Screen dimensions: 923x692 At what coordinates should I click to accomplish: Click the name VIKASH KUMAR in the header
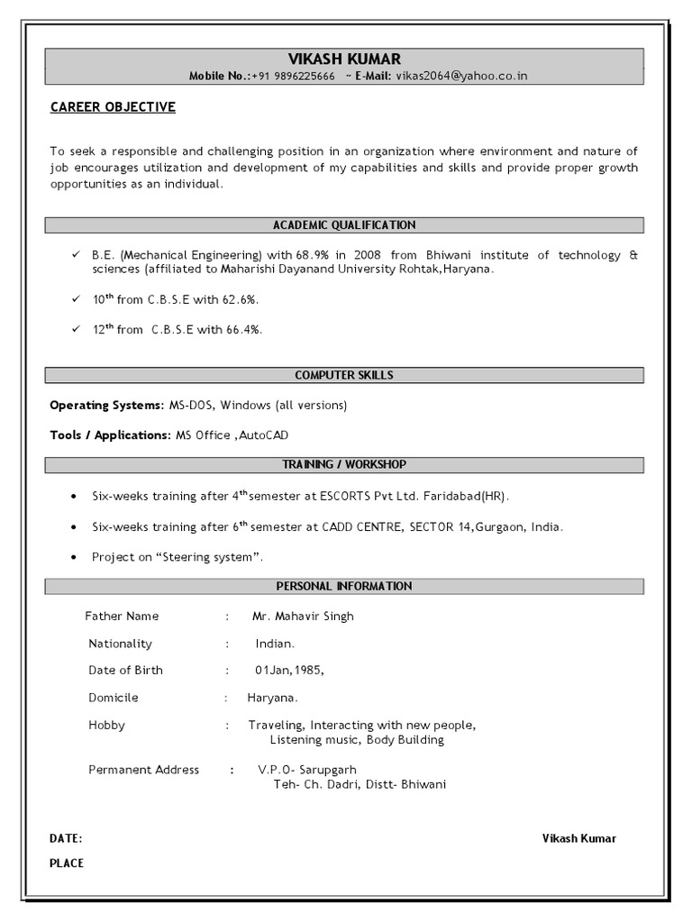(345, 59)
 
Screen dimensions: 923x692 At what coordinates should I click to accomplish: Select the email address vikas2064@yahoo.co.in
(461, 77)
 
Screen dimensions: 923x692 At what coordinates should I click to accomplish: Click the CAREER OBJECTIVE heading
(113, 108)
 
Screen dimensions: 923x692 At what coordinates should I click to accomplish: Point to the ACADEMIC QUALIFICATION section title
(345, 225)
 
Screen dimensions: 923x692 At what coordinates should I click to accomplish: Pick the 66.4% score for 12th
(243, 330)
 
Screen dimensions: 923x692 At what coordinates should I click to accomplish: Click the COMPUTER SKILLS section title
(345, 375)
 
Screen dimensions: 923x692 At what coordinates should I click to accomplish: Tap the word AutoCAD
(265, 435)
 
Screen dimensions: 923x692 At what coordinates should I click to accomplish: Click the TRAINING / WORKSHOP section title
(345, 465)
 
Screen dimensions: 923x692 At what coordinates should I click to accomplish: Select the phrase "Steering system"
(211, 557)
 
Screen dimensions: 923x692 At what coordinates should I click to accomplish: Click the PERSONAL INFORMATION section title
(345, 587)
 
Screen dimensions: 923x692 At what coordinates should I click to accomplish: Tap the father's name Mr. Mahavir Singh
(303, 617)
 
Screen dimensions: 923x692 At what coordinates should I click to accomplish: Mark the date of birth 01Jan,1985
(289, 671)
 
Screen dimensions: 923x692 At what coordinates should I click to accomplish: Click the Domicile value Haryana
(272, 698)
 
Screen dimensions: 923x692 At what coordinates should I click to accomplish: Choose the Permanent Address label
(143, 770)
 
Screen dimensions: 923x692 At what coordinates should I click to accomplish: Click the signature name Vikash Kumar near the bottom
(579, 838)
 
